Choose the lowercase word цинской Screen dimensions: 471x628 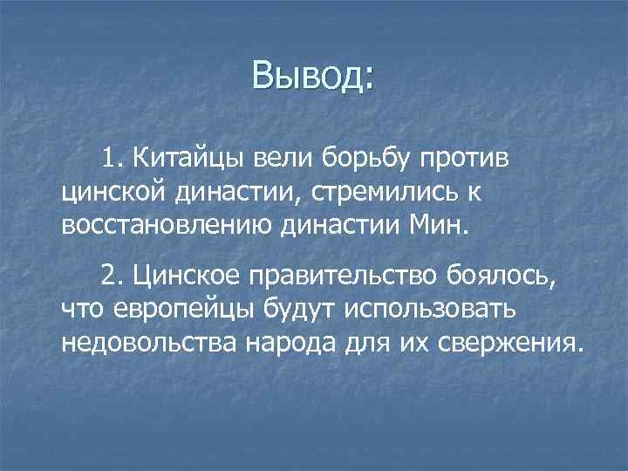[112, 192]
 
